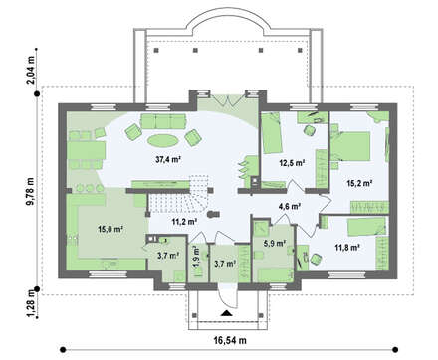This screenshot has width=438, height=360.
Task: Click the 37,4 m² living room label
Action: [x=168, y=160]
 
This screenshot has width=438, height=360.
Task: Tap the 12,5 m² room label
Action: [x=292, y=163]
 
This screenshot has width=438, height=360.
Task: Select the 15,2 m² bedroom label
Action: [x=359, y=183]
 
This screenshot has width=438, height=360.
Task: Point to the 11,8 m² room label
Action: [x=347, y=247]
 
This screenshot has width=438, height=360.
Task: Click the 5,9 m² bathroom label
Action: [x=275, y=243]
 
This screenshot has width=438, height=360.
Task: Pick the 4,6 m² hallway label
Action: [x=290, y=206]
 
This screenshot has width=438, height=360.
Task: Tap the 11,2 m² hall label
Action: [x=185, y=222]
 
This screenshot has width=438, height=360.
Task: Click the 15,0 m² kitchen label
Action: [x=110, y=229]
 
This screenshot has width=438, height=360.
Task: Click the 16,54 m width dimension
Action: [x=230, y=340]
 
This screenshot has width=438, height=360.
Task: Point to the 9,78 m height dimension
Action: [x=30, y=192]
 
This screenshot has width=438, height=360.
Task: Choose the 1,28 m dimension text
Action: [x=30, y=303]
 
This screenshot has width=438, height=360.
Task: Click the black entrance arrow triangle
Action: [x=226, y=313]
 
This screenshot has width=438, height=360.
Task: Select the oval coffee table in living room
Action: [x=163, y=140]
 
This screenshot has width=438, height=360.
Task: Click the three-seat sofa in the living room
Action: [x=163, y=121]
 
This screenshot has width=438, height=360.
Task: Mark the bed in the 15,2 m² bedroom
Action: [x=350, y=146]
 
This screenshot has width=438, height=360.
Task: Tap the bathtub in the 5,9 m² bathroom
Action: [x=274, y=275]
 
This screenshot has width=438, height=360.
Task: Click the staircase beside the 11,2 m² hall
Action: [x=177, y=198]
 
